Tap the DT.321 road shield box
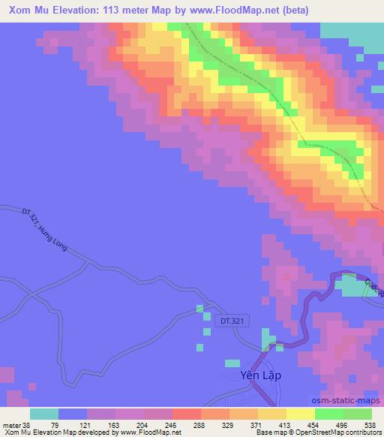(x=233, y=321)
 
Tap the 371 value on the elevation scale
(x=275, y=424)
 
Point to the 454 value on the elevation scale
(x=337, y=424)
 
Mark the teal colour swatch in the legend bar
(x=44, y=414)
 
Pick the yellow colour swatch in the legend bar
(x=271, y=414)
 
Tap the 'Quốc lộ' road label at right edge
(x=373, y=286)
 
